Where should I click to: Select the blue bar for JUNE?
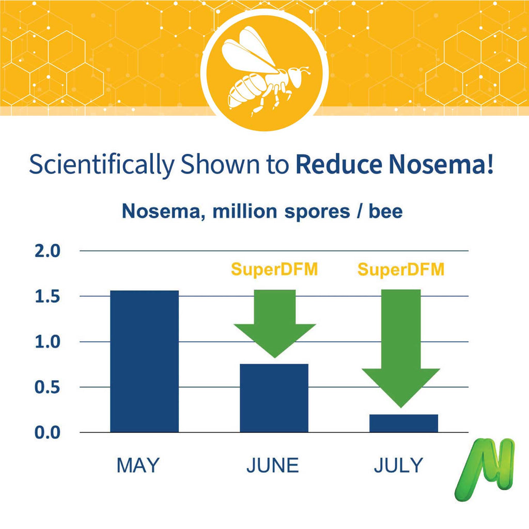[x=274, y=398]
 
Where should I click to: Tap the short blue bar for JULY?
[x=404, y=423]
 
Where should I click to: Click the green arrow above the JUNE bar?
[x=275, y=323]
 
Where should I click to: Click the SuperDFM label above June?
[x=274, y=270]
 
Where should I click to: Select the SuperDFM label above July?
[x=401, y=270]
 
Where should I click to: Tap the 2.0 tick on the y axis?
[x=48, y=252]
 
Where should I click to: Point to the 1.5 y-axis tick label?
[x=48, y=297]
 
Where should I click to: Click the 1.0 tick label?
[x=48, y=342]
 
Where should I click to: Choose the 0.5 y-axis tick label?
[x=48, y=387]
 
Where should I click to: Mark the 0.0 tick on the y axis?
[x=48, y=432]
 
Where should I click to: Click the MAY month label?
[x=138, y=465]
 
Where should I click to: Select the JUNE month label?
[x=272, y=465]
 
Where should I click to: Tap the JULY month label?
[x=398, y=465]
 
